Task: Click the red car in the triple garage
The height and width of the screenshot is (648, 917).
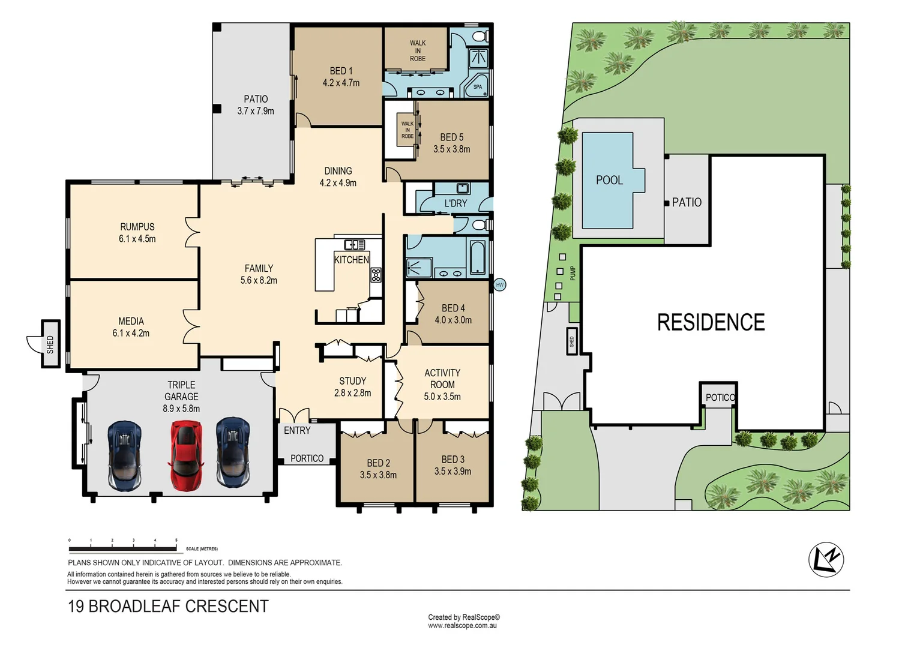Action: point(185,455)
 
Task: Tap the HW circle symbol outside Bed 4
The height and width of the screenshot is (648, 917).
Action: point(499,284)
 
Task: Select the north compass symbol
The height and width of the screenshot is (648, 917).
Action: point(826,560)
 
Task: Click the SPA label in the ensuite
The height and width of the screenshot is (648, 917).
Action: point(477,87)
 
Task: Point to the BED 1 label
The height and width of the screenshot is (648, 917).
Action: point(341,71)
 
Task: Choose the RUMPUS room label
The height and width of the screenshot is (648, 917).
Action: point(137,227)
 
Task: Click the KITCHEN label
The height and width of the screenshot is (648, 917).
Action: point(351,260)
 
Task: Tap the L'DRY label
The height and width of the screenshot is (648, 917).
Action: point(455,203)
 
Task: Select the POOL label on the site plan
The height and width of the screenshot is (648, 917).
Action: point(609,180)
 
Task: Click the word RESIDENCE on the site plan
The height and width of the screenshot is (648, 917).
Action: point(711,322)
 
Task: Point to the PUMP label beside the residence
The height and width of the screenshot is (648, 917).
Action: point(573,273)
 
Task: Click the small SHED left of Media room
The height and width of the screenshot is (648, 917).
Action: point(50,344)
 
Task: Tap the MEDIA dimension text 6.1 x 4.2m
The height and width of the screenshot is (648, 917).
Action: point(131,333)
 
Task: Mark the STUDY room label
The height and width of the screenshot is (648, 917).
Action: point(352,381)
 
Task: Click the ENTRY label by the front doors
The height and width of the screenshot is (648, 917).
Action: point(297,430)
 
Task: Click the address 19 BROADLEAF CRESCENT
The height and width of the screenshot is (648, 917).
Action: point(168,606)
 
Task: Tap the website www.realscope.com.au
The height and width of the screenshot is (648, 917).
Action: point(463,625)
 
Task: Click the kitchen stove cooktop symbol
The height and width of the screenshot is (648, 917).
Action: point(376,275)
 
